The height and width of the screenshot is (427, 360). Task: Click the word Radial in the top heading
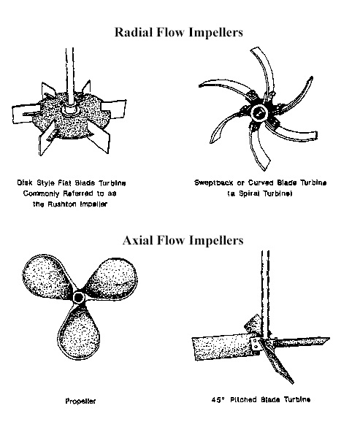[133, 32]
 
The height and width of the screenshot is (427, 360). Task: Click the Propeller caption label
[80, 401]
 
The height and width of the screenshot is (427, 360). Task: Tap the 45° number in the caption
[218, 400]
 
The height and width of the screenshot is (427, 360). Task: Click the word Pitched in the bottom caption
[244, 400]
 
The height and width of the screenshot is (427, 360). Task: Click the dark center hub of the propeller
[78, 297]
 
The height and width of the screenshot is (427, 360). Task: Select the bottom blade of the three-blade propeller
[78, 334]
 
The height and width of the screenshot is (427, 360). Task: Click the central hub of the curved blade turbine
[259, 112]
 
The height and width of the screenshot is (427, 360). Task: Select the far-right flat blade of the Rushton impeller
[115, 109]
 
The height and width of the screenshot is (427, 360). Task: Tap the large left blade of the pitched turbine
[222, 348]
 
